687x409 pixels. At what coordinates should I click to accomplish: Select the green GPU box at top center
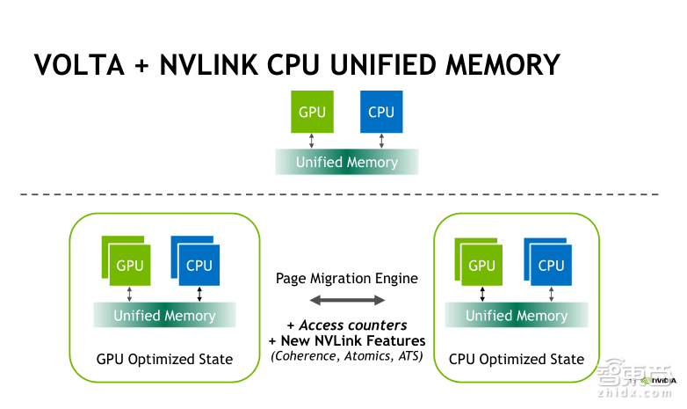[312, 112]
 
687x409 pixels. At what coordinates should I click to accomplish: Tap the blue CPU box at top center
[381, 112]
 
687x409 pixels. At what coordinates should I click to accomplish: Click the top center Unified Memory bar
[347, 162]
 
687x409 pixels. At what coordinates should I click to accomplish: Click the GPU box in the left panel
[130, 264]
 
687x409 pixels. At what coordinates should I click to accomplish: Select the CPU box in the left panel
[199, 264]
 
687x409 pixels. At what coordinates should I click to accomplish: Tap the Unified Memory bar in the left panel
[164, 315]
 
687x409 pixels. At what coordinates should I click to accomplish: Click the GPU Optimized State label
[164, 359]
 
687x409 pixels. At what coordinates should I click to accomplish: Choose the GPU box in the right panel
[482, 264]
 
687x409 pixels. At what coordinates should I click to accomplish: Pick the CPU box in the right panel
[551, 264]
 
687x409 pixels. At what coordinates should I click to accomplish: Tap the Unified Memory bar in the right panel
[517, 315]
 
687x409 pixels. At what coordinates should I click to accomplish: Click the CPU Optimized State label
[517, 359]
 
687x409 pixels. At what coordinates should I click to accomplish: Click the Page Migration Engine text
[346, 278]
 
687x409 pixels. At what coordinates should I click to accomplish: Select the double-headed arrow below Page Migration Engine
[347, 301]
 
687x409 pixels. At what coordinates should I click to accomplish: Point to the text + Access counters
[347, 325]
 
